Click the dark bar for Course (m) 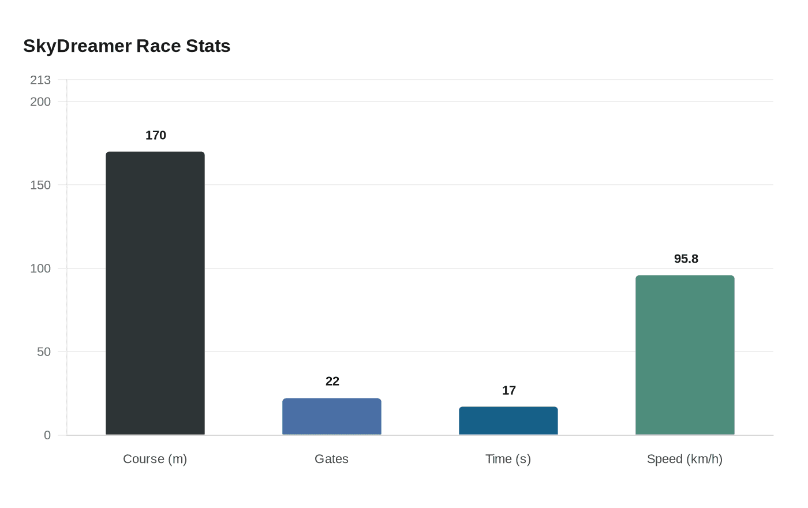tap(155, 293)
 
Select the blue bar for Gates tap(332, 417)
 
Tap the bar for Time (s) tap(508, 421)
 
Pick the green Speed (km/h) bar tap(685, 355)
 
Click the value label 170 tap(156, 136)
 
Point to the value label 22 tap(332, 382)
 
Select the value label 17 tap(509, 391)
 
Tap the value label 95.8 tap(686, 259)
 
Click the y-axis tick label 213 tap(40, 80)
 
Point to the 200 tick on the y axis tap(40, 102)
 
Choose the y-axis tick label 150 tap(40, 185)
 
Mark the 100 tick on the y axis tap(40, 268)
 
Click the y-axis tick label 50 tap(44, 352)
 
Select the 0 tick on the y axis tap(47, 435)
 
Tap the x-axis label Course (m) tap(155, 459)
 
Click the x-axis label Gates tap(332, 459)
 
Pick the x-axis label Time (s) tap(508, 459)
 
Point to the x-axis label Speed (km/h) tap(685, 459)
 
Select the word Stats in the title tap(208, 46)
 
